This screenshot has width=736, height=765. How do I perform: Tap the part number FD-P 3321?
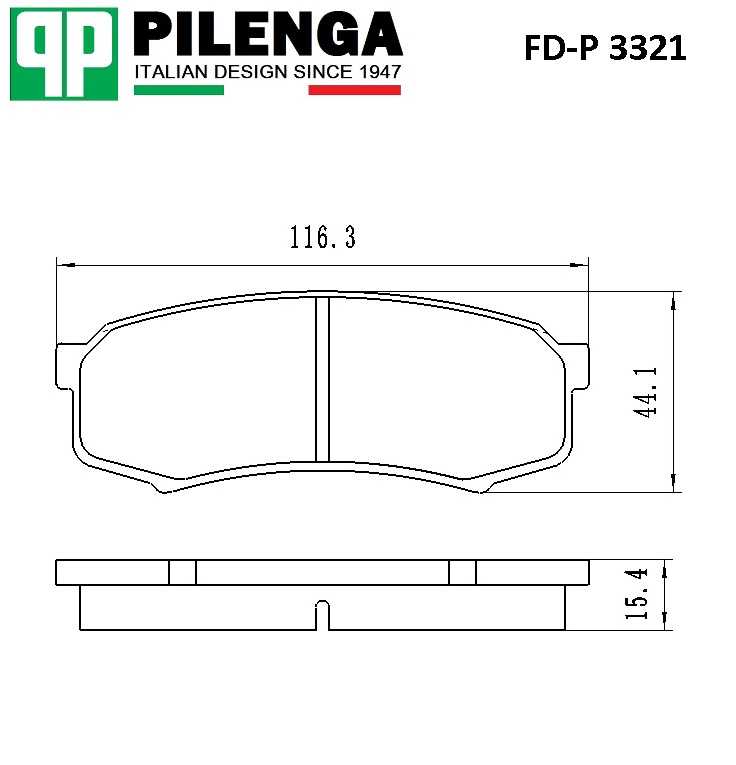(x=605, y=48)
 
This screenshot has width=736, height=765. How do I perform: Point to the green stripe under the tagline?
(x=178, y=90)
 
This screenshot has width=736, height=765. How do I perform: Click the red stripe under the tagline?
(x=354, y=90)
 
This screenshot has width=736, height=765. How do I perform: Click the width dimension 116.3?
(x=323, y=238)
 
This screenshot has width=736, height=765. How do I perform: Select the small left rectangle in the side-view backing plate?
(x=182, y=572)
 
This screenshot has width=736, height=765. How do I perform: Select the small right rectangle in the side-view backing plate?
(x=462, y=572)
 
